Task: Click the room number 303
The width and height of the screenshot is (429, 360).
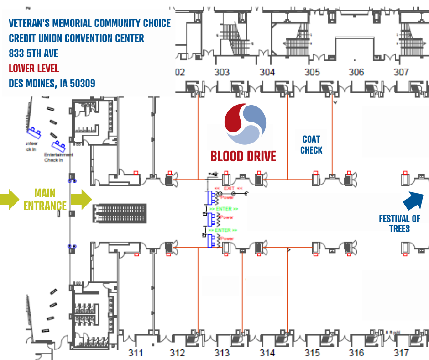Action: coord(222,72)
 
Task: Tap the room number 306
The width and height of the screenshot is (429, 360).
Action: coord(356,72)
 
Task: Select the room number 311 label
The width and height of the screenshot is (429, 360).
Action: coord(136,353)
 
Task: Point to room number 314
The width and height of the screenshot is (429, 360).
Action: coord(267,353)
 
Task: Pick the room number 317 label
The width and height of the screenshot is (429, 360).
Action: coord(401,353)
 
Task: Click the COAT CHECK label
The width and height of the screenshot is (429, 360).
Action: coord(312,144)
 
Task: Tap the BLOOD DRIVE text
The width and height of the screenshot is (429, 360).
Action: coord(243,156)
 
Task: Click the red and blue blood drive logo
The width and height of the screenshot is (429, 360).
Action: coord(245,125)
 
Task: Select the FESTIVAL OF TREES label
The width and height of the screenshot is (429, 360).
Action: coord(399,223)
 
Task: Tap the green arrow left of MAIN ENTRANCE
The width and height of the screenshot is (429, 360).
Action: coord(9,200)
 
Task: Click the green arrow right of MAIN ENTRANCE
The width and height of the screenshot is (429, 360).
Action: coord(82,200)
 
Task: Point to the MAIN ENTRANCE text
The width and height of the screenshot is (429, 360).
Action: coord(45,200)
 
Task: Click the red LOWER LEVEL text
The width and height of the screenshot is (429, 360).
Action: coord(34,69)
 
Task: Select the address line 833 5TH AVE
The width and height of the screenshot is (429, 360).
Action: coord(34,53)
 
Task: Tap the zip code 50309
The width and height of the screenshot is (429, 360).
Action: coord(80,84)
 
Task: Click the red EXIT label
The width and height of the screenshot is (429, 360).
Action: coord(228,188)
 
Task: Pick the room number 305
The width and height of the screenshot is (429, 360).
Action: coord(312,72)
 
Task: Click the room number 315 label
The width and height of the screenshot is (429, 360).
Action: coord(312,353)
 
